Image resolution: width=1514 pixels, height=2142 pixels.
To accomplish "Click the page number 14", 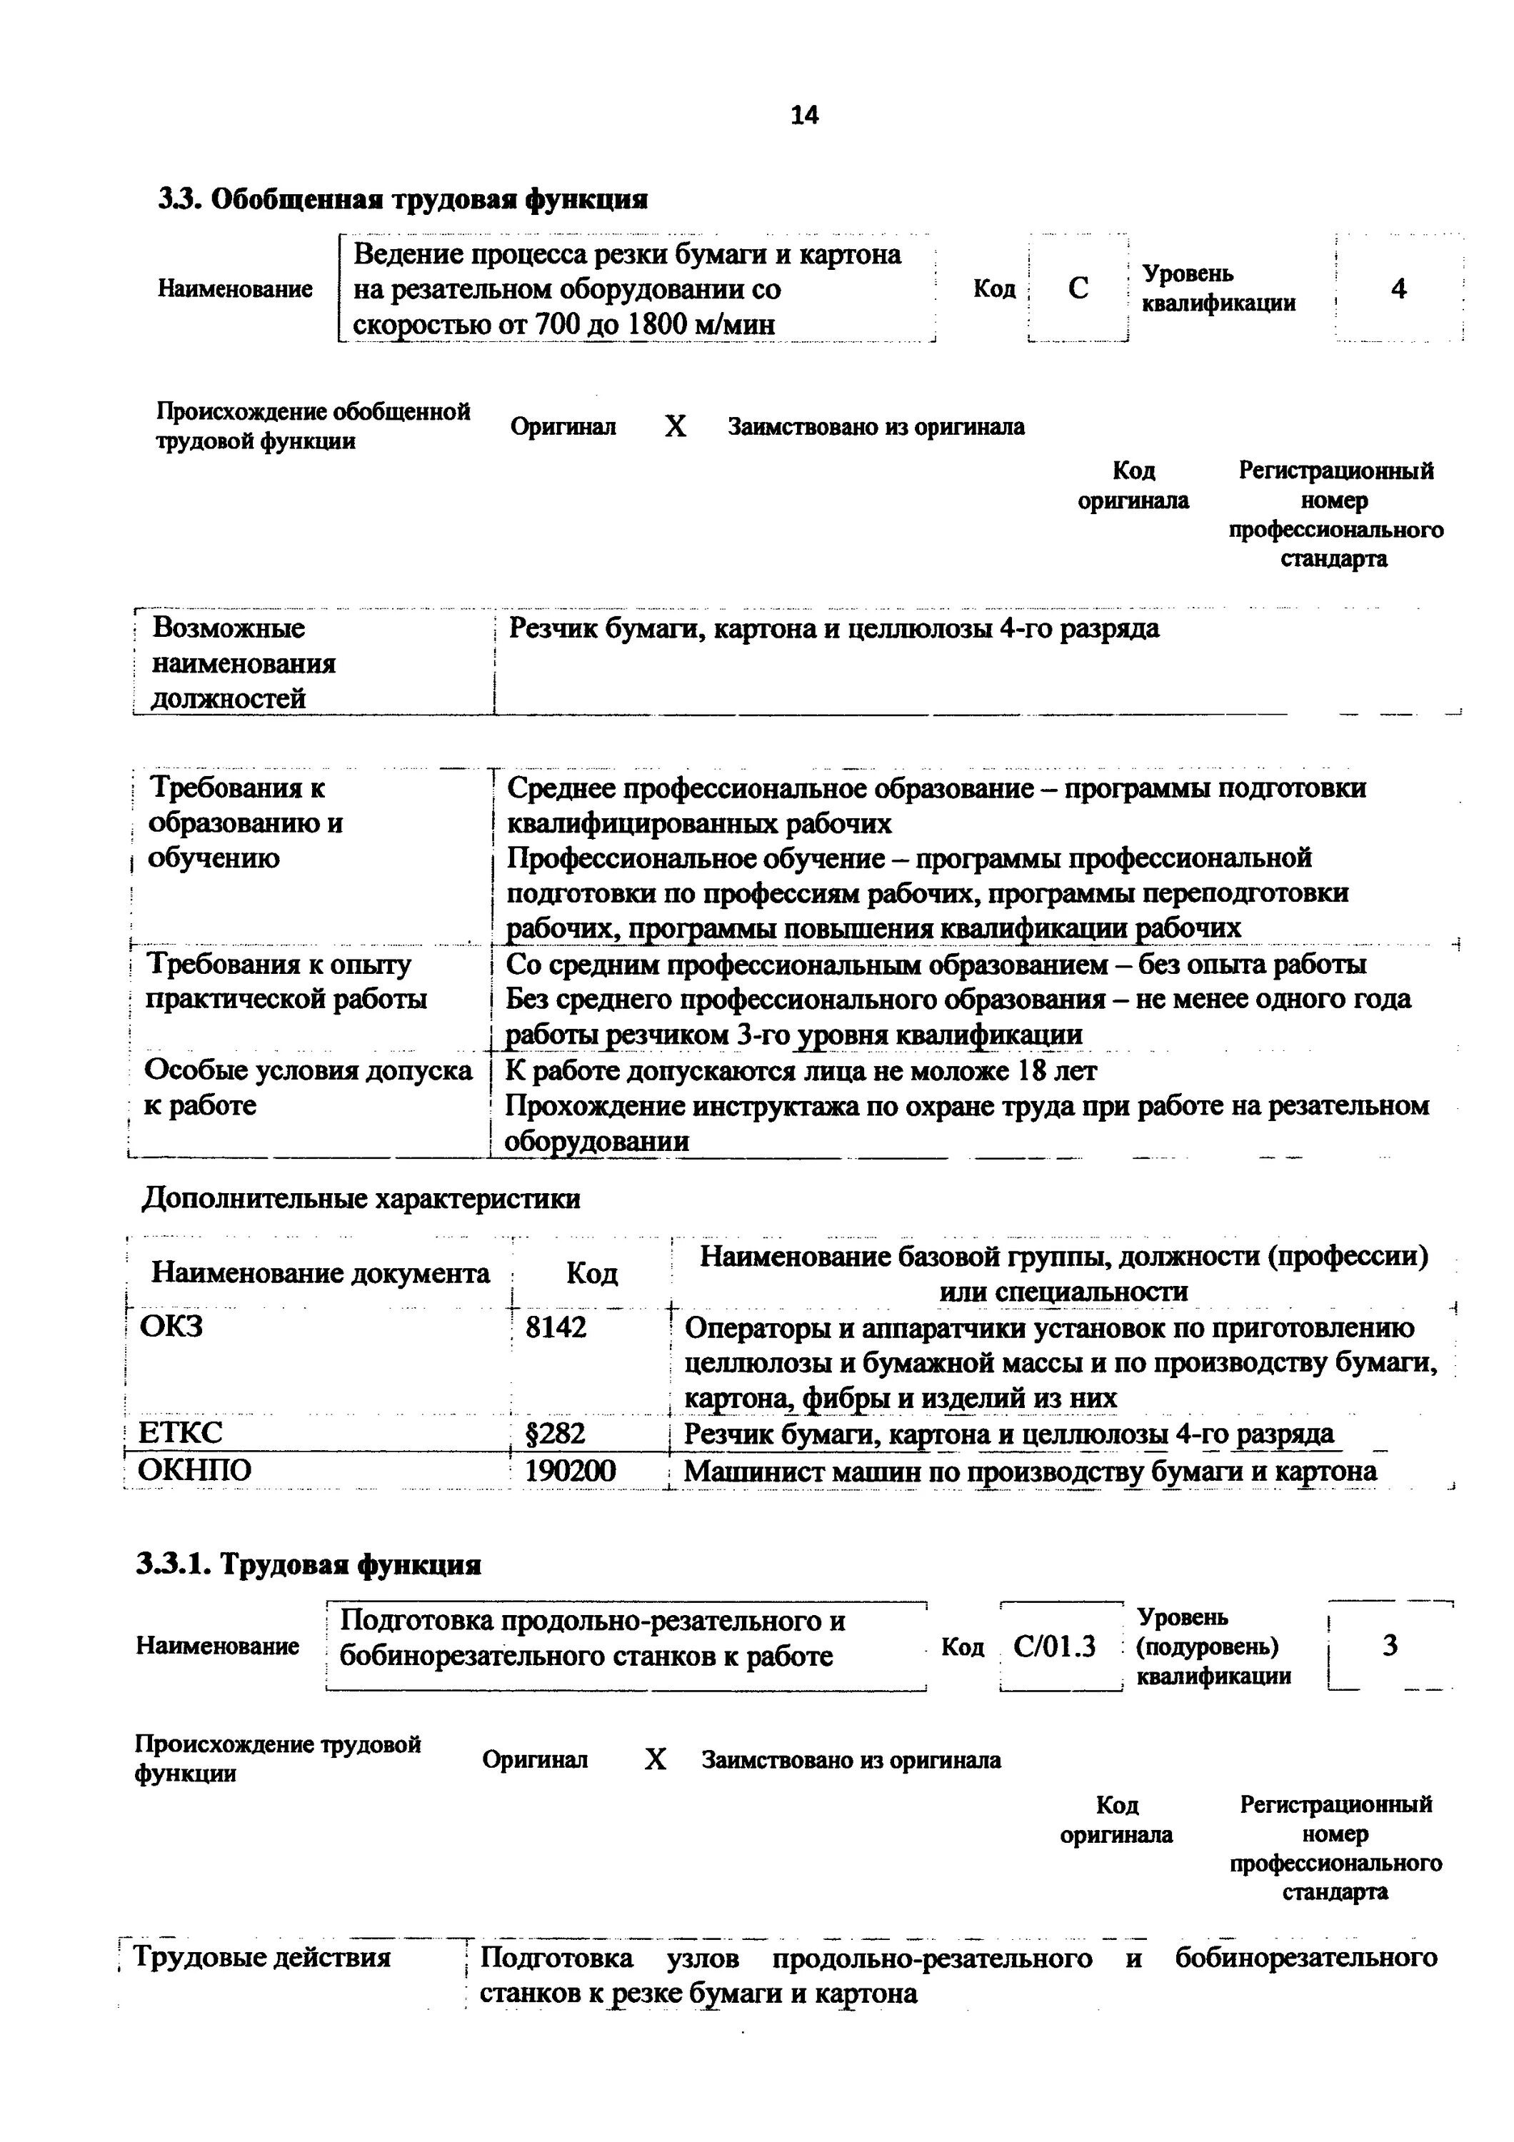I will (804, 115).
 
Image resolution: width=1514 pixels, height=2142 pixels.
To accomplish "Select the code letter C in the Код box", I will (1078, 288).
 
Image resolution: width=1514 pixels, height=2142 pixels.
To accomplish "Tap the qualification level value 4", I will (1398, 289).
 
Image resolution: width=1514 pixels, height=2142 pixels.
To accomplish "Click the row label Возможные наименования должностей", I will (244, 663).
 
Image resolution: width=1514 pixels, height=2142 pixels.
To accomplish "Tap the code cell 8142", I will (556, 1327).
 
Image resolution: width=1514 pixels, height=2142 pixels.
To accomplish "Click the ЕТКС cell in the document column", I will (180, 1433).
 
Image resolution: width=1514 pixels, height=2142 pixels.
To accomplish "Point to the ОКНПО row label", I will (195, 1472).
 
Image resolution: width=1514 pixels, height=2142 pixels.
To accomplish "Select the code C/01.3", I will (1054, 1646).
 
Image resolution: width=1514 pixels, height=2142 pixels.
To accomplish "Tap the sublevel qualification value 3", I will (1390, 1646).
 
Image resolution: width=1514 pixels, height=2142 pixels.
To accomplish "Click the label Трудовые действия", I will (262, 1957).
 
